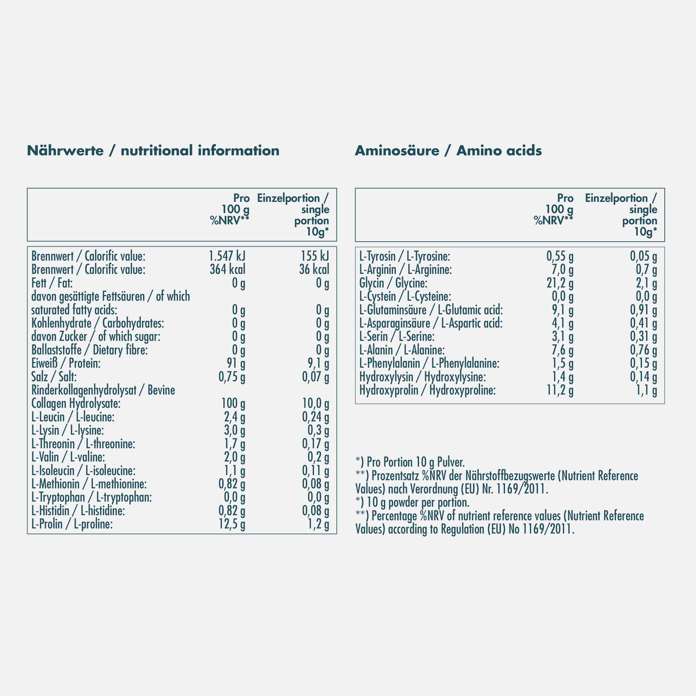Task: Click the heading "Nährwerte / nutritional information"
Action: [153, 151]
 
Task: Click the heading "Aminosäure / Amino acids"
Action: [448, 151]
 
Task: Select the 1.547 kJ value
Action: [227, 256]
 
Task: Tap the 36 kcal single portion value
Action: [314, 270]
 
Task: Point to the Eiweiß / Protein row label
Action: [66, 364]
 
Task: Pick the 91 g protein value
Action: [236, 364]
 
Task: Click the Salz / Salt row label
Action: [54, 377]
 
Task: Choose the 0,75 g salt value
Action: [232, 377]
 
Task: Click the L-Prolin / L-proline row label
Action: [72, 525]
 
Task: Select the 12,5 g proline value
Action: [232, 525]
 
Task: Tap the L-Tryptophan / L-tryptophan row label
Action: [92, 498]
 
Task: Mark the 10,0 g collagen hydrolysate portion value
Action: [316, 404]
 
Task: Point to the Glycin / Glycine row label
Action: [393, 283]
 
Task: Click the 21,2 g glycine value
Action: [560, 283]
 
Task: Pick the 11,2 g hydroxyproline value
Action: [560, 391]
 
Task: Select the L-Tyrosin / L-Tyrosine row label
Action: [405, 256]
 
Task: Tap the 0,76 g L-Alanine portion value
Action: [643, 350]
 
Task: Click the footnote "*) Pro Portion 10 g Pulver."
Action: [410, 462]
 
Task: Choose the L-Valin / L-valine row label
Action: [68, 458]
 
